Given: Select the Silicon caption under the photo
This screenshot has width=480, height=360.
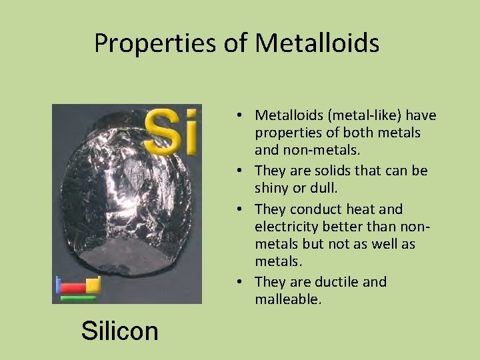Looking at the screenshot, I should pos(120,330).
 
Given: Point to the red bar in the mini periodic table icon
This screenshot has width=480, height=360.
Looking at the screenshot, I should pos(72,288).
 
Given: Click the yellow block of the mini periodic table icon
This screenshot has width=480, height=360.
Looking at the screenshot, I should pos(93,285).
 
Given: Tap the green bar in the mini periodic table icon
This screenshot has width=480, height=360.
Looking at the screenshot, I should pos(78,298).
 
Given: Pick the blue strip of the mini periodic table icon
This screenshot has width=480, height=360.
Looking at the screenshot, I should pos(57,285).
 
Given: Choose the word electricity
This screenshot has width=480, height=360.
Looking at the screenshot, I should pos(287,227).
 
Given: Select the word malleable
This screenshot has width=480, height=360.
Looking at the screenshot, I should pos(288,299).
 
